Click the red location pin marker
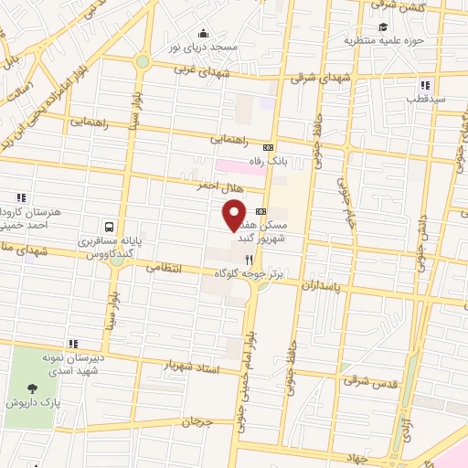(234, 214)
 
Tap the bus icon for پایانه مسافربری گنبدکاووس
(110, 227)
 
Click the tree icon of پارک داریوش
(33, 388)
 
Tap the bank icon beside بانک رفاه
(268, 147)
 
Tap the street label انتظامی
(165, 269)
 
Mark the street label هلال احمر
(218, 186)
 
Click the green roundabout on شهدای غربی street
(143, 62)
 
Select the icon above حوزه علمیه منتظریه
(382, 27)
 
